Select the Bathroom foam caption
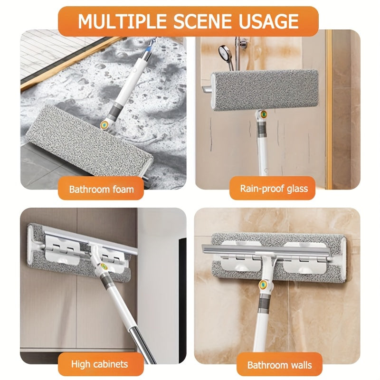click(x=101, y=189)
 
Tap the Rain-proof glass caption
click(x=274, y=189)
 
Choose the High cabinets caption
click(x=99, y=364)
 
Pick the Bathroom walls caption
click(x=279, y=365)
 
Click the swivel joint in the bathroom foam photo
click(x=104, y=124)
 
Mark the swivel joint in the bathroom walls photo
click(x=262, y=285)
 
